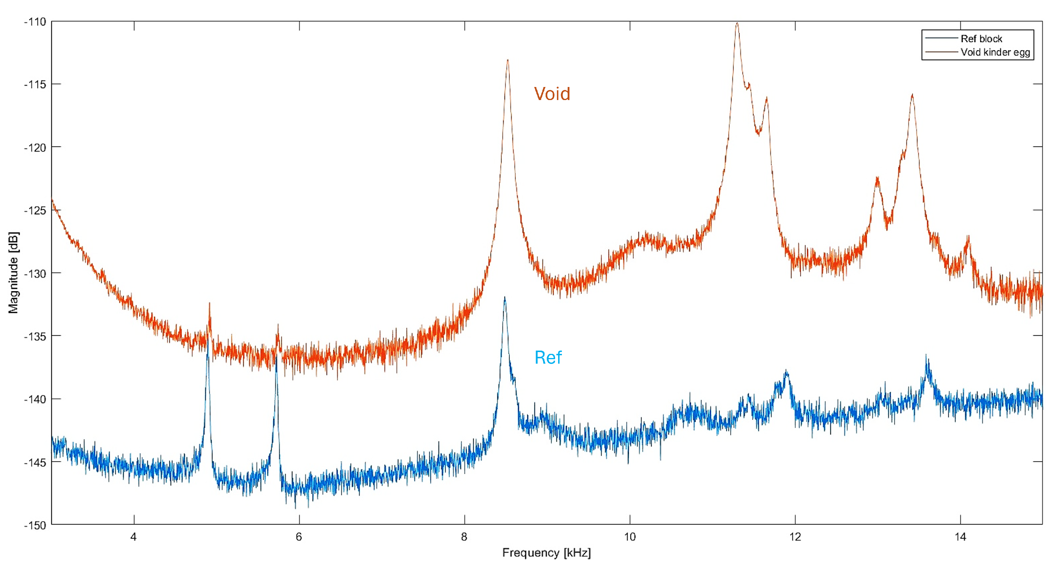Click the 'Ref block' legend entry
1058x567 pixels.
tap(981, 39)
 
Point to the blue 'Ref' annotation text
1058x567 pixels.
tap(548, 357)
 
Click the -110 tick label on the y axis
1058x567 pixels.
tap(35, 22)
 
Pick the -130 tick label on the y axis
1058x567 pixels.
tap(35, 273)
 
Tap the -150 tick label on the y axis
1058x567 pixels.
tap(35, 525)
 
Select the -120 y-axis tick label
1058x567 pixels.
tap(35, 148)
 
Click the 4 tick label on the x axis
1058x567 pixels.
tap(133, 537)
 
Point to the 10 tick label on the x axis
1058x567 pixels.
tap(630, 537)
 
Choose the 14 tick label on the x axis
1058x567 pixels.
tap(960, 537)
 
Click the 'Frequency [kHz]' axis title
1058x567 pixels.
tap(546, 553)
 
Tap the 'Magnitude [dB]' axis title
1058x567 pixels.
tap(14, 273)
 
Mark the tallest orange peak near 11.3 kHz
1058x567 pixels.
tap(737, 23)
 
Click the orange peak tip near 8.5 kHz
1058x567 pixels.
tap(508, 61)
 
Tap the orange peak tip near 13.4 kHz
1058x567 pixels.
tap(912, 95)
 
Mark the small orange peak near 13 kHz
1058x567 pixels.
tap(877, 178)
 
